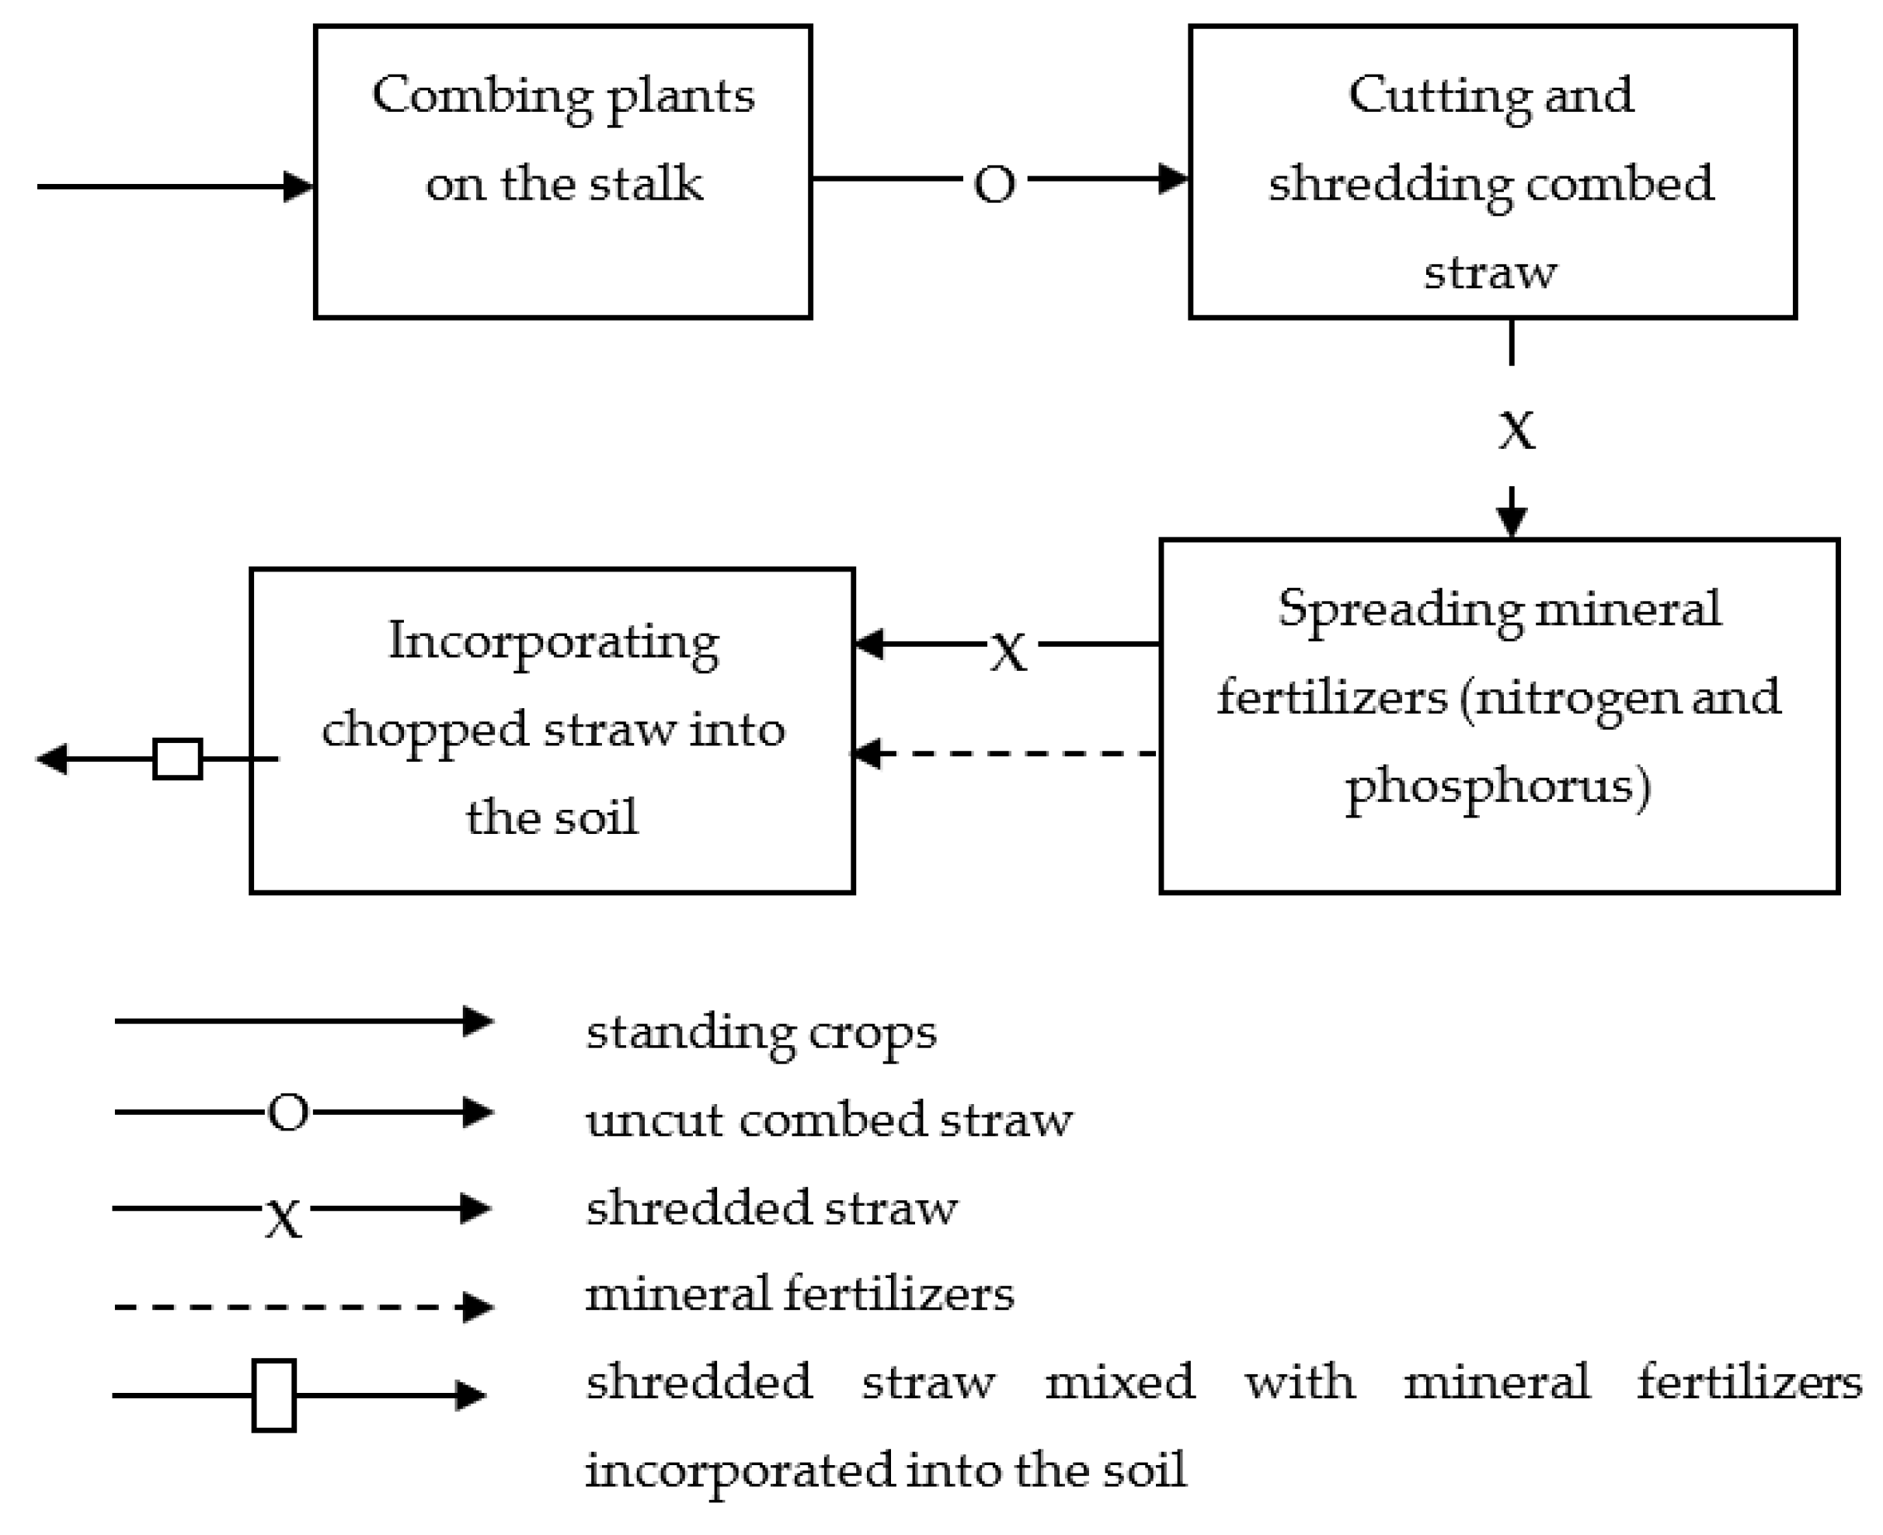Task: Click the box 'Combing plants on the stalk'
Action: (x=562, y=172)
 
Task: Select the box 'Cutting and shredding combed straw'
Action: (x=1491, y=172)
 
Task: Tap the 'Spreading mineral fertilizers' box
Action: (x=1498, y=715)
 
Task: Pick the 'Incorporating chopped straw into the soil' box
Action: (x=552, y=731)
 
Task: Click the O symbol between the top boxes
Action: (x=994, y=185)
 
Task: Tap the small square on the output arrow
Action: (x=178, y=759)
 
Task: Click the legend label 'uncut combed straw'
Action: (x=829, y=1120)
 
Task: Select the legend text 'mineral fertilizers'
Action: (x=799, y=1294)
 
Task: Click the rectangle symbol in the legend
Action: (x=273, y=1395)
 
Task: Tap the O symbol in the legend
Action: (x=288, y=1113)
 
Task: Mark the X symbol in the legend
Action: (x=284, y=1217)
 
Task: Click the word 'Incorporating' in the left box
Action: (x=553, y=643)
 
